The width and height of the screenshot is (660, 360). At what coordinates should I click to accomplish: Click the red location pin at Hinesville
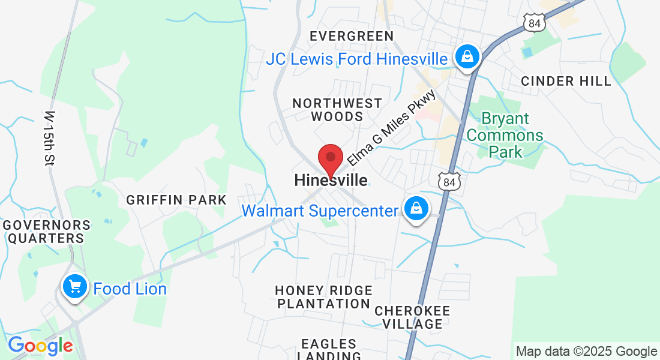pyautogui.click(x=330, y=160)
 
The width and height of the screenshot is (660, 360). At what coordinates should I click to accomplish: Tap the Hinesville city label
pyautogui.click(x=331, y=180)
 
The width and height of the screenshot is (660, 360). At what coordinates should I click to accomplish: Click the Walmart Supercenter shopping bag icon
pyautogui.click(x=415, y=209)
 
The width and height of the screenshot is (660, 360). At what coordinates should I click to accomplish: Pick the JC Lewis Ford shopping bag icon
pyautogui.click(x=466, y=58)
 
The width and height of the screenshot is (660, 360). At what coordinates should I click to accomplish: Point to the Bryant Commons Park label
pyautogui.click(x=505, y=136)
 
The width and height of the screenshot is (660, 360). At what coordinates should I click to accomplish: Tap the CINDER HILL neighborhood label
pyautogui.click(x=566, y=81)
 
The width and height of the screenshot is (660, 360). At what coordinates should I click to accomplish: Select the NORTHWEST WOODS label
pyautogui.click(x=337, y=110)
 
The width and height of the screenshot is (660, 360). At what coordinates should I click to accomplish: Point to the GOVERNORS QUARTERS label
pyautogui.click(x=46, y=232)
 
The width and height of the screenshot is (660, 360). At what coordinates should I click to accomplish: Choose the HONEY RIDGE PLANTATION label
pyautogui.click(x=323, y=297)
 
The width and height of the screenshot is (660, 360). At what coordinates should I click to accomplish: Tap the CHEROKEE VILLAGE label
pyautogui.click(x=412, y=317)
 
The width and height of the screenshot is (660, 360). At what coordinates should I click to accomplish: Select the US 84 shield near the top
pyautogui.click(x=533, y=23)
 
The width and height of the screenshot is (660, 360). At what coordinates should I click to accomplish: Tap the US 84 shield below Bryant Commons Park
pyautogui.click(x=448, y=182)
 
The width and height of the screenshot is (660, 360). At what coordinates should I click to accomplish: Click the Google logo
pyautogui.click(x=40, y=346)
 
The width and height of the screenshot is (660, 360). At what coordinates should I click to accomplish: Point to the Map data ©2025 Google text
pyautogui.click(x=586, y=352)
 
